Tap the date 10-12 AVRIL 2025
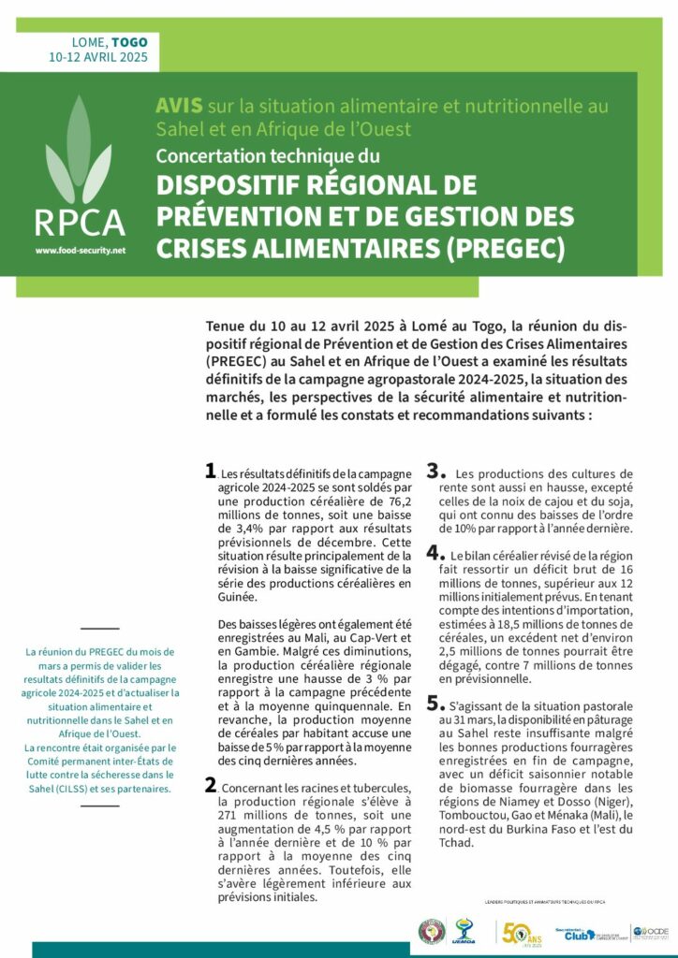point(98,57)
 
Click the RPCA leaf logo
point(79,154)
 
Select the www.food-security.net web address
point(80,251)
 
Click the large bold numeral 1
point(210,472)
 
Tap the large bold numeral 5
point(434,703)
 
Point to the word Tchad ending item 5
point(458,842)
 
